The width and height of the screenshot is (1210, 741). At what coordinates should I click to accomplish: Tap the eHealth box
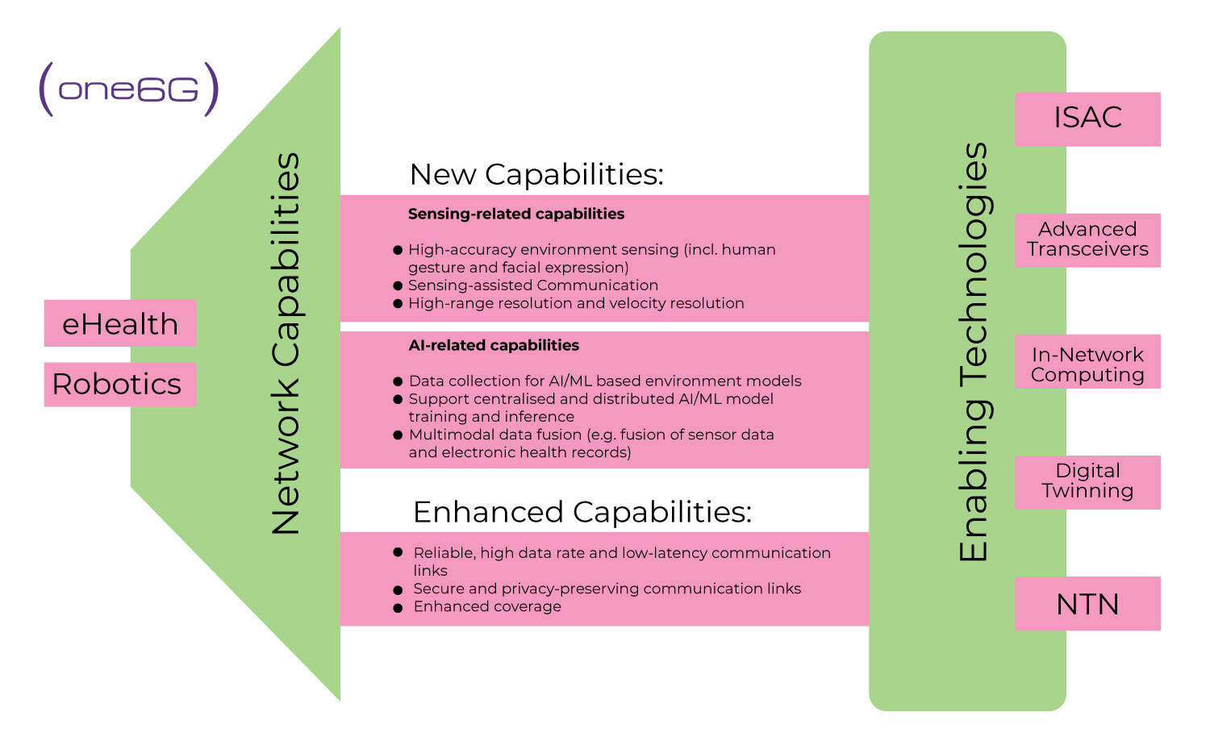coord(120,323)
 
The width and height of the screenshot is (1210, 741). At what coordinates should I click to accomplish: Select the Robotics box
coord(120,385)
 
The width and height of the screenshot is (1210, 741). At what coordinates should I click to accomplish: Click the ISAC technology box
coord(1087,119)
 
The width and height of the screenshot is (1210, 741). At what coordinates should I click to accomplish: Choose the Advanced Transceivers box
coord(1087,239)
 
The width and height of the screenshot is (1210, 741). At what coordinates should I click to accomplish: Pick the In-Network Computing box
coord(1087,364)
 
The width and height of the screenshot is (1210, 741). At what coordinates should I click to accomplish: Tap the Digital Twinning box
coord(1087,481)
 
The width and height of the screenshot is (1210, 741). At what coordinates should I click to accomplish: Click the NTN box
coord(1087,604)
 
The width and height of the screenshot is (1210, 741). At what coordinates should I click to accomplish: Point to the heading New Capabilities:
coord(536,174)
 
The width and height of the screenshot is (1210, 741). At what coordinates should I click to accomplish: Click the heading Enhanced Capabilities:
coord(582,512)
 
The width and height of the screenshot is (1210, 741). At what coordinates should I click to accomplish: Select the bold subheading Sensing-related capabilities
coord(516,214)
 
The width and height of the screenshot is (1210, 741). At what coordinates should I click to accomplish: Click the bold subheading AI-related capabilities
coord(494,345)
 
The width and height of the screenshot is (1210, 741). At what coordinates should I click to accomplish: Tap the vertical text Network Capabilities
coord(286,344)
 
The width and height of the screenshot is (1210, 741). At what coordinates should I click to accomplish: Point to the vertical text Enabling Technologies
coord(974,352)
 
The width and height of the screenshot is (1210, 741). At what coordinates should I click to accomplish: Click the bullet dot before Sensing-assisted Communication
coord(398,286)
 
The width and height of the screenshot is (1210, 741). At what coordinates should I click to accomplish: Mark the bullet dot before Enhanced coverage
coord(398,608)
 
